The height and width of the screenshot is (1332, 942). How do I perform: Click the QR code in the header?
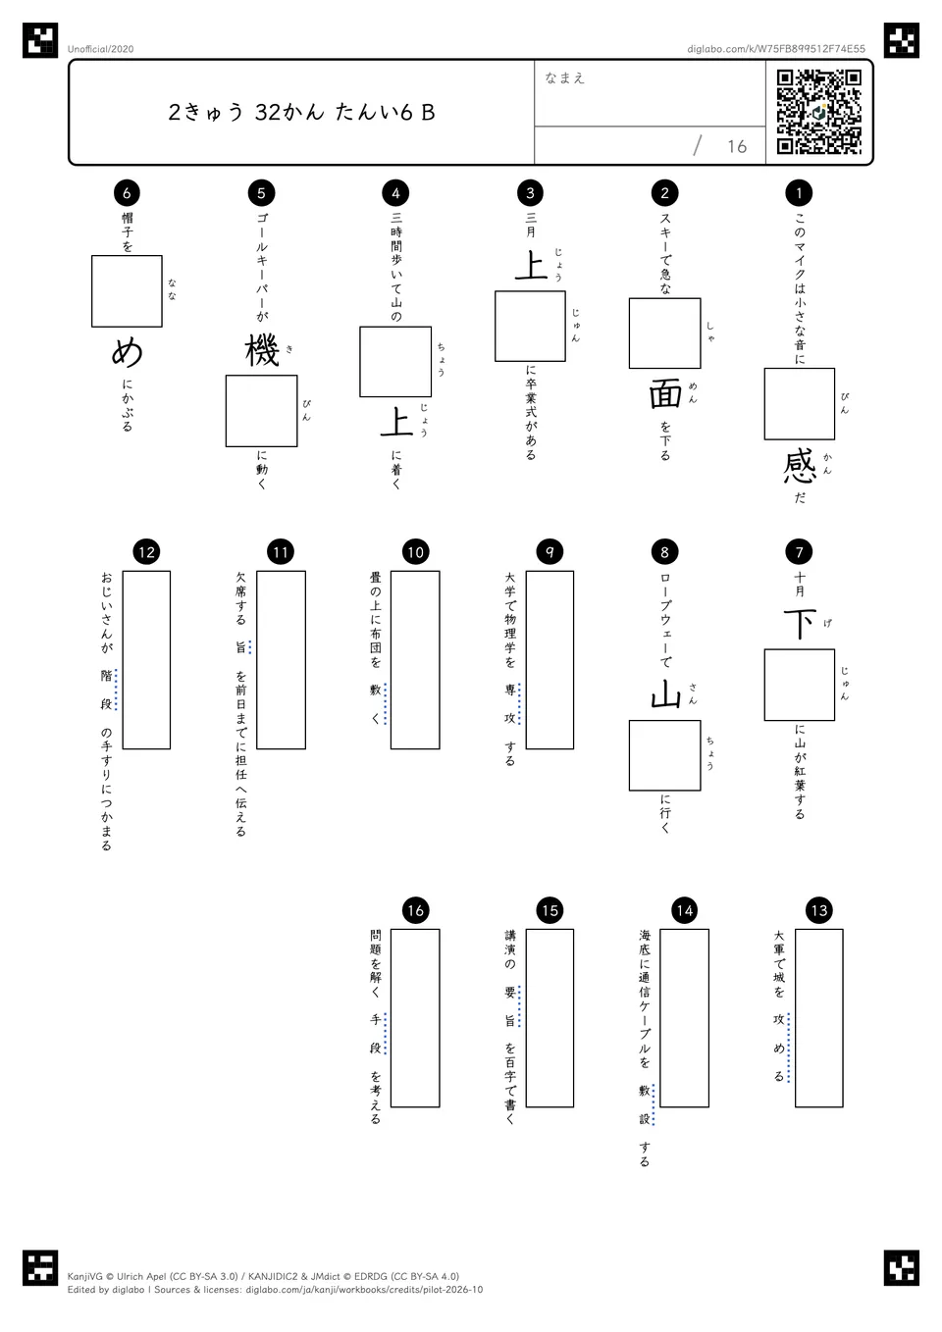pyautogui.click(x=819, y=112)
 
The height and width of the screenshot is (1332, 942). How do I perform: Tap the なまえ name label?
pyautogui.click(x=564, y=77)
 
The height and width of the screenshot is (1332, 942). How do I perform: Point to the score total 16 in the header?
pyautogui.click(x=737, y=146)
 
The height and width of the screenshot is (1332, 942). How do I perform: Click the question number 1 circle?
pyautogui.click(x=799, y=192)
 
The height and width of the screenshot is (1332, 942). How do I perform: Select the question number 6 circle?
pyautogui.click(x=127, y=192)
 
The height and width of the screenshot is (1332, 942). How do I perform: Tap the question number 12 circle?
pyautogui.click(x=146, y=552)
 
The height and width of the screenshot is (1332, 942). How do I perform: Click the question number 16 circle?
pyautogui.click(x=415, y=910)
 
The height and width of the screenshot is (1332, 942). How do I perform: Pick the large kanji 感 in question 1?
pyautogui.click(x=800, y=467)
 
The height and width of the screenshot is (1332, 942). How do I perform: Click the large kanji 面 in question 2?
pyautogui.click(x=665, y=395)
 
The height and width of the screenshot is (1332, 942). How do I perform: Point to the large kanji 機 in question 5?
pyautogui.click(x=262, y=351)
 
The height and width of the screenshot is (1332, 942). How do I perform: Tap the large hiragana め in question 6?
pyautogui.click(x=127, y=352)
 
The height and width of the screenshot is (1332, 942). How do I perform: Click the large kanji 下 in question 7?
pyautogui.click(x=800, y=624)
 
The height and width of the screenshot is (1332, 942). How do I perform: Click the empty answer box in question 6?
pyautogui.click(x=127, y=291)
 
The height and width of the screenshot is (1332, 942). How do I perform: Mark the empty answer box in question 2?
pyautogui.click(x=665, y=333)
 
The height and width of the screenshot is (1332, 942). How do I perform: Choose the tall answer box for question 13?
pyautogui.click(x=819, y=1018)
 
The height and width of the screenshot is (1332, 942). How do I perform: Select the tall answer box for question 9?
pyautogui.click(x=549, y=660)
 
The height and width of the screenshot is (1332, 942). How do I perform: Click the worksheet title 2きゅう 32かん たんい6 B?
pyautogui.click(x=301, y=112)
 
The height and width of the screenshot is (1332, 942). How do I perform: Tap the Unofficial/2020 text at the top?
pyautogui.click(x=100, y=49)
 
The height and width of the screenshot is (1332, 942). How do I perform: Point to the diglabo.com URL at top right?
pyautogui.click(x=776, y=49)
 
